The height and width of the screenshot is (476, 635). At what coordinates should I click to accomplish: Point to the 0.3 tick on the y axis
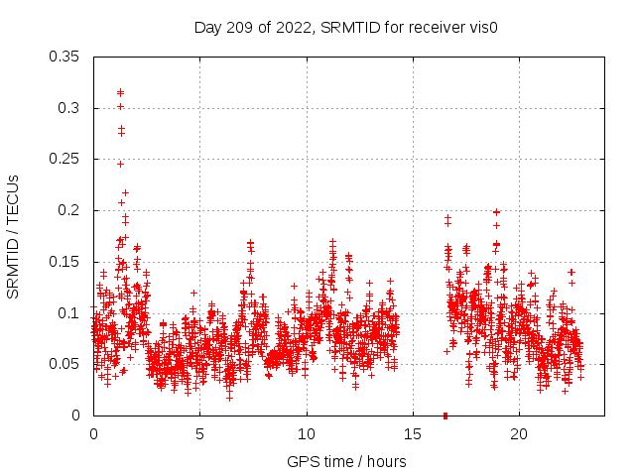tap(70, 108)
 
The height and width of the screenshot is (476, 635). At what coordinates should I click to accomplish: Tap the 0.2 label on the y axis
tap(70, 210)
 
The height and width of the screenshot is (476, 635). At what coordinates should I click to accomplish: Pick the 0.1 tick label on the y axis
tap(70, 313)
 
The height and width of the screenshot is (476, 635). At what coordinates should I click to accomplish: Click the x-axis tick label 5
tap(199, 434)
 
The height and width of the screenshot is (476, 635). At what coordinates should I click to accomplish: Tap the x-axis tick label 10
tap(307, 434)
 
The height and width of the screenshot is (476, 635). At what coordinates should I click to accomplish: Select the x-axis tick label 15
tap(413, 434)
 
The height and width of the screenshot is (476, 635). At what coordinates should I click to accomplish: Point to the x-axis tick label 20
tap(519, 434)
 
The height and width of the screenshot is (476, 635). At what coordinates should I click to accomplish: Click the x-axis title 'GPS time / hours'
tap(346, 461)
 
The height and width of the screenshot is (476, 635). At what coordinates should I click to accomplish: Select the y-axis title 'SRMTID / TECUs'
tap(13, 236)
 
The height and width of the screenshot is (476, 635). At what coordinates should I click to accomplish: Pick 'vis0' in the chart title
tap(483, 27)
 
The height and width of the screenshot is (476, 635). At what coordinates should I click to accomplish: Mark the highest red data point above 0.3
tap(120, 92)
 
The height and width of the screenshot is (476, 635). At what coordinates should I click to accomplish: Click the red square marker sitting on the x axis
tap(445, 415)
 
